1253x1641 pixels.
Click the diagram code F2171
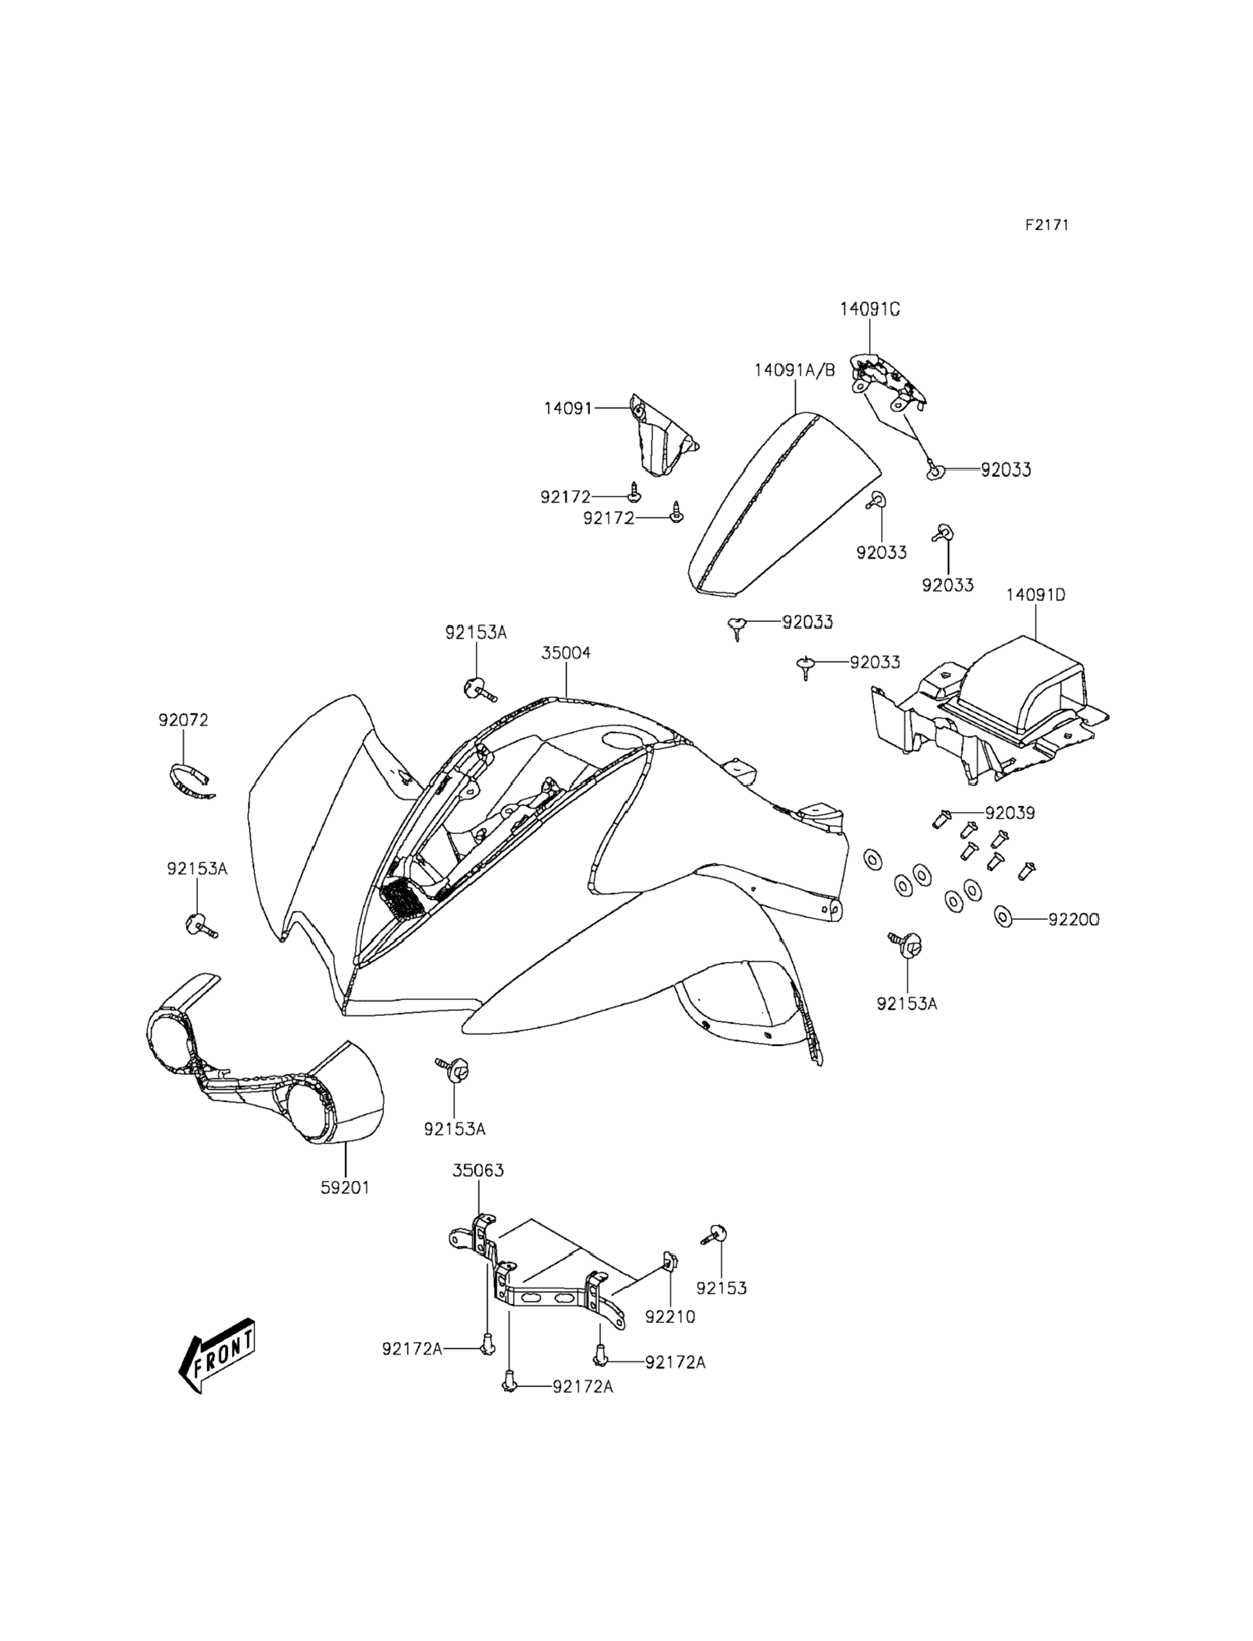click(1046, 224)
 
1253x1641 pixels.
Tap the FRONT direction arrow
click(216, 1365)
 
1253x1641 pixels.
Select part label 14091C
click(870, 309)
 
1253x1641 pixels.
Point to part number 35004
click(566, 653)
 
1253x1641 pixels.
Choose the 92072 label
click(183, 720)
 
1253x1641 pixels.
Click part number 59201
click(345, 1187)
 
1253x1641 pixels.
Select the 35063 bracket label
click(478, 1170)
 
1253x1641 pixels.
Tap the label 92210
click(670, 1317)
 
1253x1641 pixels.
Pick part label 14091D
click(1036, 595)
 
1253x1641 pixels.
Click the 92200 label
click(1073, 920)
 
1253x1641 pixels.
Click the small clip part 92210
click(670, 1260)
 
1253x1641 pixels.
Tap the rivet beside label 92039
click(942, 820)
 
